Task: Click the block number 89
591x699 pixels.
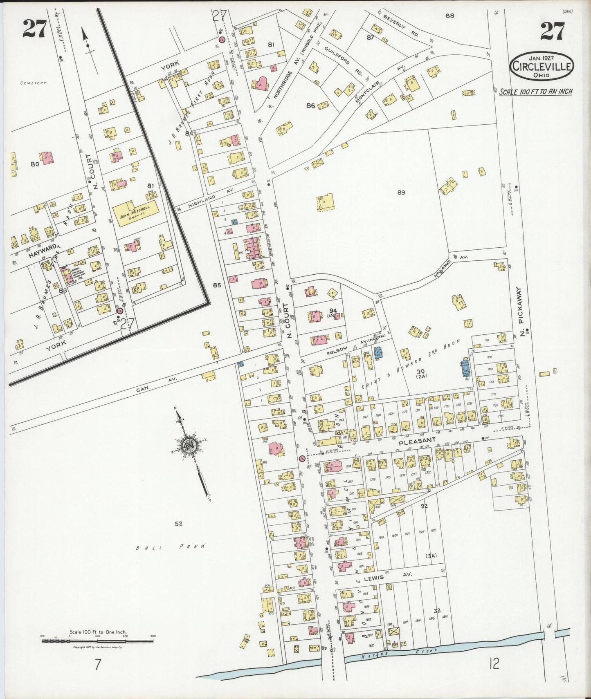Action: click(400, 193)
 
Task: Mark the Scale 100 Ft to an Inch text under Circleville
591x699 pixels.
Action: click(535, 91)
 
